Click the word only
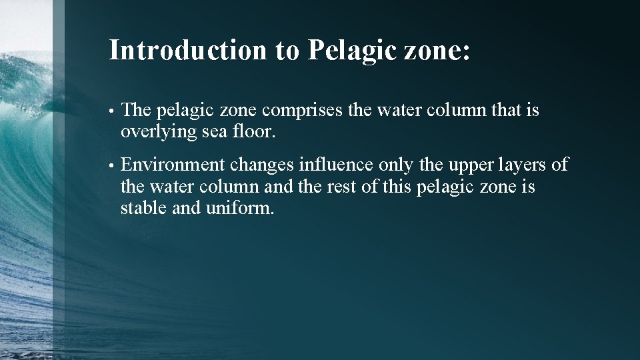point(394,165)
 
